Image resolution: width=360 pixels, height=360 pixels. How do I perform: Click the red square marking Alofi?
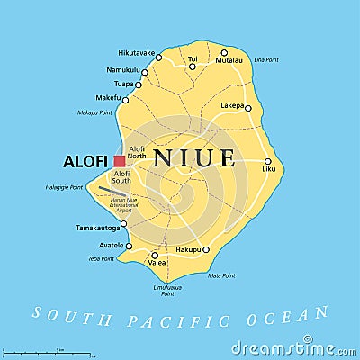point(120,161)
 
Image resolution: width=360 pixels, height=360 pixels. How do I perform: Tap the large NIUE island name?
point(195,159)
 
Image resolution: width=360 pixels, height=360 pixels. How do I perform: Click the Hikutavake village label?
point(139,53)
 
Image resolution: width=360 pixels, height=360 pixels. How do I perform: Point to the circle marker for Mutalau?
point(224,53)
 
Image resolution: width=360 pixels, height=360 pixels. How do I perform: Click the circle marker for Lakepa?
point(248,108)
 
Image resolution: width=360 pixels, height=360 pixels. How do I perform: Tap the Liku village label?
point(268,168)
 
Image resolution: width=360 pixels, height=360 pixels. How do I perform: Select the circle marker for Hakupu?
point(206,249)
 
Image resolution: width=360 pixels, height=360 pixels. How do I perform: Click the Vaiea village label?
point(157,262)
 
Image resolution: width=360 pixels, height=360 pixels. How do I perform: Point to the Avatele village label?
point(110,246)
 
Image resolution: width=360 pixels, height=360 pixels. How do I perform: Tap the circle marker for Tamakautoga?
point(124,224)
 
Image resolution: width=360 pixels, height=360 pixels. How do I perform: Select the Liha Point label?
point(266,59)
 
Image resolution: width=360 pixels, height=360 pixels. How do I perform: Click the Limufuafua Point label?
point(167,290)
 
